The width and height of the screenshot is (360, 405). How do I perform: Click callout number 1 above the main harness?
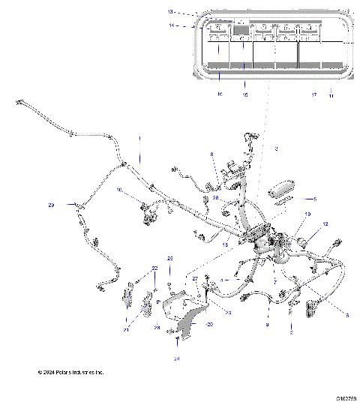[x=138, y=139]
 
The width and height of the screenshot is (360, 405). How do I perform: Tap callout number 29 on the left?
[x=52, y=205]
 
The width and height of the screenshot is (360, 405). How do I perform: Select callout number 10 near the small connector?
[x=119, y=190]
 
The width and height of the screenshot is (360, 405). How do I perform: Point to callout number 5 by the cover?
[x=315, y=199]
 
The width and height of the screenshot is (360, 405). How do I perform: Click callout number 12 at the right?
[x=325, y=224]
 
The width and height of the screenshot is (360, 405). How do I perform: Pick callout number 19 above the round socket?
[x=307, y=214]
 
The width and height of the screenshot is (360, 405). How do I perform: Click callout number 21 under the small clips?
[x=125, y=328]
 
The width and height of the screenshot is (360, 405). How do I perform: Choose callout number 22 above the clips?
[x=155, y=268]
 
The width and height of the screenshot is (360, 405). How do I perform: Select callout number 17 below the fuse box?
[x=313, y=95]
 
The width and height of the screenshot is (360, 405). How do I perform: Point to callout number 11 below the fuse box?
[x=331, y=95]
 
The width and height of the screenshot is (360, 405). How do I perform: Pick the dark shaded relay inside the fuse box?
[x=241, y=31]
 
